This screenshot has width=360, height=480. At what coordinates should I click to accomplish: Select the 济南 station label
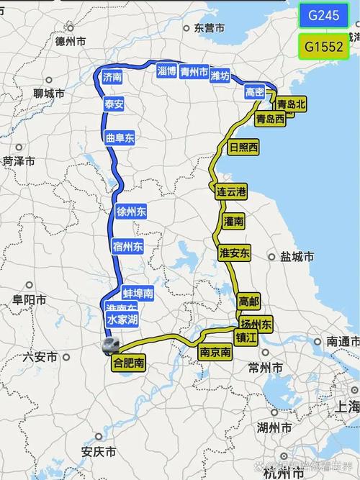[x=112, y=76]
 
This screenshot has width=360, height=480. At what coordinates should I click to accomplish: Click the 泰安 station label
[x=114, y=104]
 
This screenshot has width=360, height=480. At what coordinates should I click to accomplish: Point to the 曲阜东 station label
[x=120, y=137]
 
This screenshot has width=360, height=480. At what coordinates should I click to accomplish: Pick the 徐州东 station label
[x=132, y=212]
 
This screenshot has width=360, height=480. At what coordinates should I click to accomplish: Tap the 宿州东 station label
[x=128, y=246]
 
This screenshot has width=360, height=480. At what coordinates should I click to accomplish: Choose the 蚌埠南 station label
[x=138, y=293]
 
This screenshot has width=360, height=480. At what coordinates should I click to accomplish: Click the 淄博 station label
[x=166, y=71]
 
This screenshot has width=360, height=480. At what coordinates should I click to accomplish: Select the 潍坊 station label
[x=221, y=75]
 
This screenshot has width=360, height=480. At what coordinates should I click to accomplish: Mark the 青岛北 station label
[x=292, y=104]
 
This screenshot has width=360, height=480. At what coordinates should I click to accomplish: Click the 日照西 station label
[x=243, y=148]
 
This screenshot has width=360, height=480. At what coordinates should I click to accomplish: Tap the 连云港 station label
[x=231, y=191]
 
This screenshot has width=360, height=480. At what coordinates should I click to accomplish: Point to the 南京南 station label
[x=215, y=353]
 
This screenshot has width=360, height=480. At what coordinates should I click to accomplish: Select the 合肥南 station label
[x=129, y=363]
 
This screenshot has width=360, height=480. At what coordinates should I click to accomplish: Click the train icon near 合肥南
[x=110, y=346]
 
